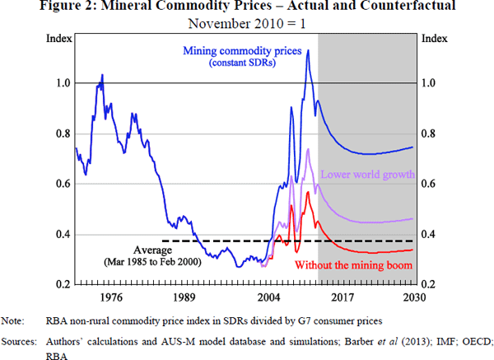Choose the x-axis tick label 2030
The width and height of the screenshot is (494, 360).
(414, 297)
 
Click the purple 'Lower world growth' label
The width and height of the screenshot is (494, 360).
(366, 174)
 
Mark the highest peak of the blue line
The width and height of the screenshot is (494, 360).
(307, 50)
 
